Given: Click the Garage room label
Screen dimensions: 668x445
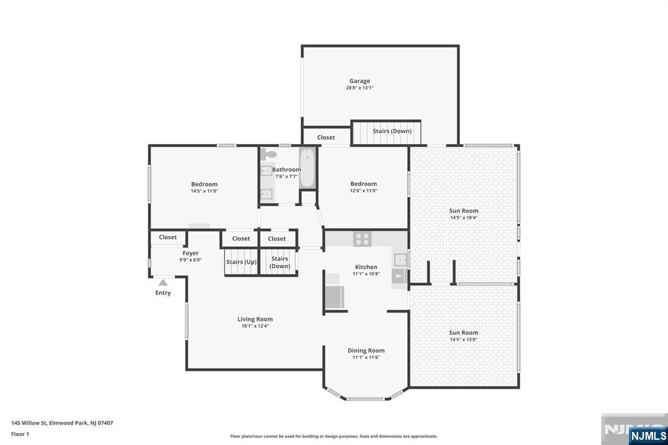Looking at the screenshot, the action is [x=359, y=81].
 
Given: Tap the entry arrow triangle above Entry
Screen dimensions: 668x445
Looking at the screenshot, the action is [x=162, y=282].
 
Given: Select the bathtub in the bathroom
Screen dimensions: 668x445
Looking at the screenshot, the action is [x=307, y=168].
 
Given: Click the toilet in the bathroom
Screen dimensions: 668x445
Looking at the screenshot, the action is [x=268, y=153].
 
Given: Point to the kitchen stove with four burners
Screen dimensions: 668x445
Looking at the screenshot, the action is [x=362, y=239].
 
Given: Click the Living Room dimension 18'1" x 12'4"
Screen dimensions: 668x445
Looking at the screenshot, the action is [x=255, y=326].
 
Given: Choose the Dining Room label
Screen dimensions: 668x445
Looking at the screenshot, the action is [x=366, y=350].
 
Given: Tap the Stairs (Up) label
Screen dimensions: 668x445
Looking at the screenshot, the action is [x=241, y=262].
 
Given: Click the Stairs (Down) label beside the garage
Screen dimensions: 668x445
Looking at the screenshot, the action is [x=392, y=131].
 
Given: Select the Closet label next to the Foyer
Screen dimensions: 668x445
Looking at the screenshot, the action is [x=168, y=238].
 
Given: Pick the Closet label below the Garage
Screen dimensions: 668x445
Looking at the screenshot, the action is [x=326, y=137].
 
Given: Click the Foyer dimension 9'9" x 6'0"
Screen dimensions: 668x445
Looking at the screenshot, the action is [x=190, y=260].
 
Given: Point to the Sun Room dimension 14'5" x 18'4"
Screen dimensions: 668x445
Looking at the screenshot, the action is [x=464, y=217].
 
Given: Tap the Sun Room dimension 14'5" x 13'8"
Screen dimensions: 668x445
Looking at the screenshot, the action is [x=464, y=340].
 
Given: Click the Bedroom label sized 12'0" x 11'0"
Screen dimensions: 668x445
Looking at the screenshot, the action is [x=364, y=184].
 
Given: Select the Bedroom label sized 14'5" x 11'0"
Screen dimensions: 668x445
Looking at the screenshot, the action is [x=204, y=184].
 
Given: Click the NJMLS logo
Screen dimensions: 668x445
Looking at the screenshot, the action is [x=648, y=436].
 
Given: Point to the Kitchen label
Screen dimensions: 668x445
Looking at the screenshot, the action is [x=366, y=267].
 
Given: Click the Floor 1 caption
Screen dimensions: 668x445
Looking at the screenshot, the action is [x=20, y=435].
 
